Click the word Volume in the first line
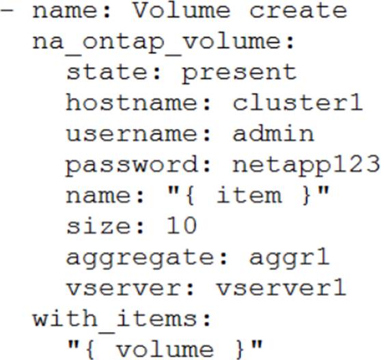pyautogui.click(x=181, y=10)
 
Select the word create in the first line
pyautogui.click(x=298, y=11)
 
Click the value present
pyautogui.click(x=239, y=73)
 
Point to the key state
pyautogui.click(x=109, y=72)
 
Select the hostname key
pyautogui.click(x=134, y=102)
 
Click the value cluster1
pyautogui.click(x=298, y=102)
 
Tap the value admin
pyautogui.click(x=273, y=133)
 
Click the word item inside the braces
pyautogui.click(x=249, y=195)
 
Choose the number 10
pyautogui.click(x=182, y=225)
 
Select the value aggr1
pyautogui.click(x=289, y=258)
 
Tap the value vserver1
pyautogui.click(x=281, y=288)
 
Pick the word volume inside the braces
pyautogui.click(x=165, y=350)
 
